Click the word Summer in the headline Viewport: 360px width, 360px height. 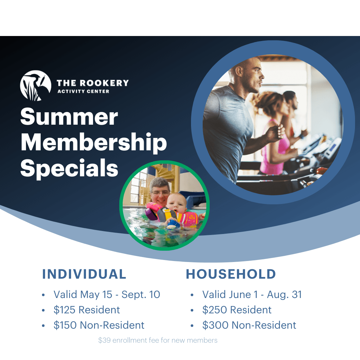69,117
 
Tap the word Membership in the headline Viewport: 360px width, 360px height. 94,143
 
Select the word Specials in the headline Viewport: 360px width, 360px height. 69,168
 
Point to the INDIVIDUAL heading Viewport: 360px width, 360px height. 84,274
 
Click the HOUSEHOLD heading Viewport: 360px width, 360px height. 231,274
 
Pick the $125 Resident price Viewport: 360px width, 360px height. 87,310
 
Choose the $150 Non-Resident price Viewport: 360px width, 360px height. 99,325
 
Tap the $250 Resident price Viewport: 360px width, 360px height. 237,310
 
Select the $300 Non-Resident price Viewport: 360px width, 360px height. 249,325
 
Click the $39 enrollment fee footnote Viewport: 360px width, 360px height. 158,340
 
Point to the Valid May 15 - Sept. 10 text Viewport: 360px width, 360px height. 107,294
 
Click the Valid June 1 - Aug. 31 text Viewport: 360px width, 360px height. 252,294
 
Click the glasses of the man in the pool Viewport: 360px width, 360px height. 160,192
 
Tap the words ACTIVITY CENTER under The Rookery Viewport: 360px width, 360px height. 83,91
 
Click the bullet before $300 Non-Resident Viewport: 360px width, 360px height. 192,325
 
